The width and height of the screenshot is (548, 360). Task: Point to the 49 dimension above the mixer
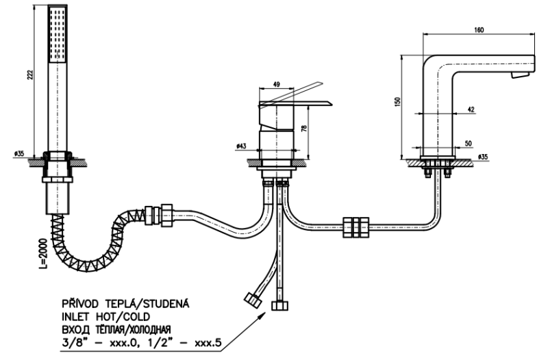pyautogui.click(x=277, y=86)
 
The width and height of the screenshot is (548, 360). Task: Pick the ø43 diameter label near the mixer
pyautogui.click(x=241, y=146)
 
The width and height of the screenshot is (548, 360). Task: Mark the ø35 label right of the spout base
pyautogui.click(x=482, y=157)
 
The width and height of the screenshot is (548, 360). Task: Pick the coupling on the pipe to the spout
pyautogui.click(x=355, y=226)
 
